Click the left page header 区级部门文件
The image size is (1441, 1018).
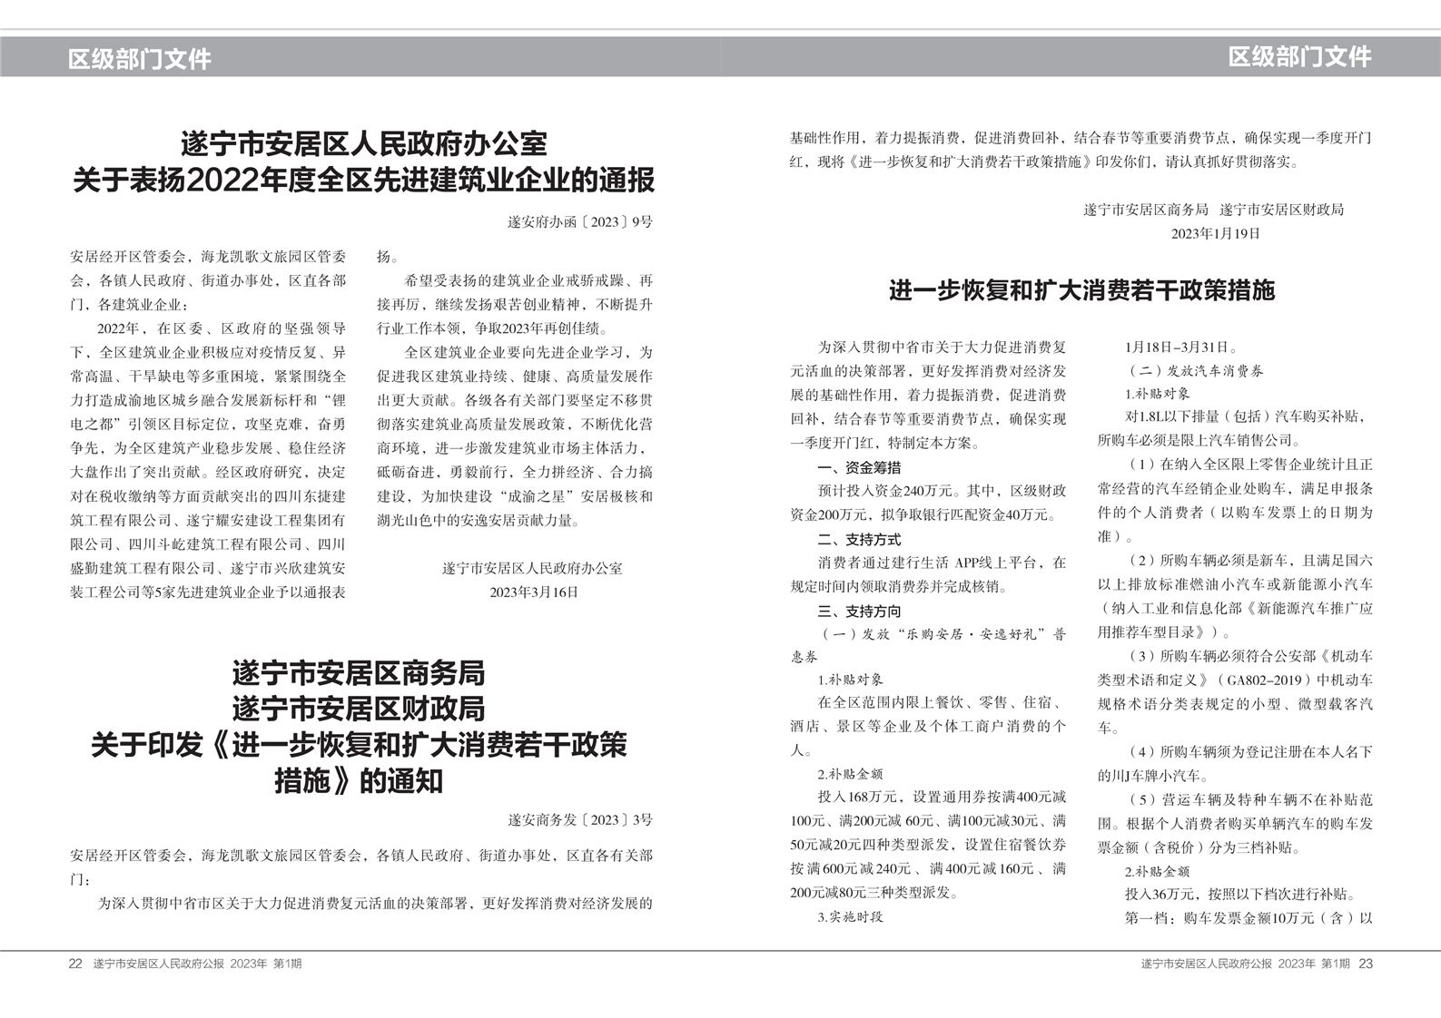click(x=139, y=59)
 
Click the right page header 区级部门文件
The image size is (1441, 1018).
click(x=1299, y=56)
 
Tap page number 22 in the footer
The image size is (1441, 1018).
click(x=75, y=964)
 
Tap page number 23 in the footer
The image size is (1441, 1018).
click(x=1366, y=964)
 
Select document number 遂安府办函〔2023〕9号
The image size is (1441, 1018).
click(x=579, y=221)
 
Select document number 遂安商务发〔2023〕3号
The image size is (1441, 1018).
click(x=579, y=819)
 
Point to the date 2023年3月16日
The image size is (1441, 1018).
click(x=533, y=592)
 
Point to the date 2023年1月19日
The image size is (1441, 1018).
click(x=1215, y=233)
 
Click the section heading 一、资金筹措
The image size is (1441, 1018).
click(x=859, y=467)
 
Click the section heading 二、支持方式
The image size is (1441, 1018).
click(x=859, y=539)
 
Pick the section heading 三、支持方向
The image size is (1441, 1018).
click(x=859, y=611)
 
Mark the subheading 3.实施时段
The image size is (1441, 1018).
click(x=850, y=916)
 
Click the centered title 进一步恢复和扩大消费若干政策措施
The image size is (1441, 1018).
click(x=1081, y=290)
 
